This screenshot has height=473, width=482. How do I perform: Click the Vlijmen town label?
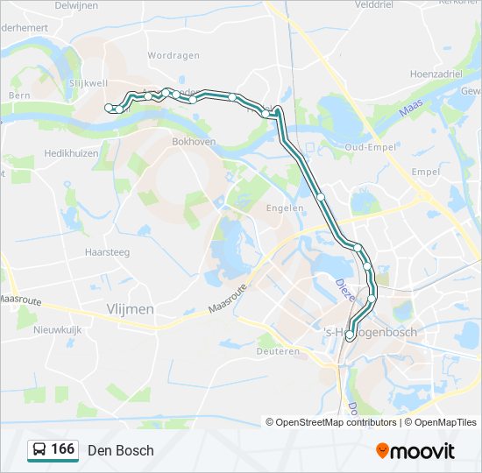pyautogui.click(x=130, y=309)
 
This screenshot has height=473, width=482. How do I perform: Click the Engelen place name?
pyautogui.click(x=285, y=208)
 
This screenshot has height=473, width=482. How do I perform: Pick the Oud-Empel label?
pyautogui.click(x=367, y=147)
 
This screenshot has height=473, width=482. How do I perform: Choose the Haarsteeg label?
pyautogui.click(x=107, y=251)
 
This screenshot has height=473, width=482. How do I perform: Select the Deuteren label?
pyautogui.click(x=278, y=350)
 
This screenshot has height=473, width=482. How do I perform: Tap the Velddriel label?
pyautogui.click(x=351, y=4)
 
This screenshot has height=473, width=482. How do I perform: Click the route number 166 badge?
pyautogui.click(x=63, y=449)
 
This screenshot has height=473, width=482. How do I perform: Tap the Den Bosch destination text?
pyautogui.click(x=121, y=450)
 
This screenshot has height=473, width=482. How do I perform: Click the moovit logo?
pyautogui.click(x=415, y=450)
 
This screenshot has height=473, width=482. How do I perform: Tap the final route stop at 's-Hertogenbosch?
pyautogui.click(x=350, y=335)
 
